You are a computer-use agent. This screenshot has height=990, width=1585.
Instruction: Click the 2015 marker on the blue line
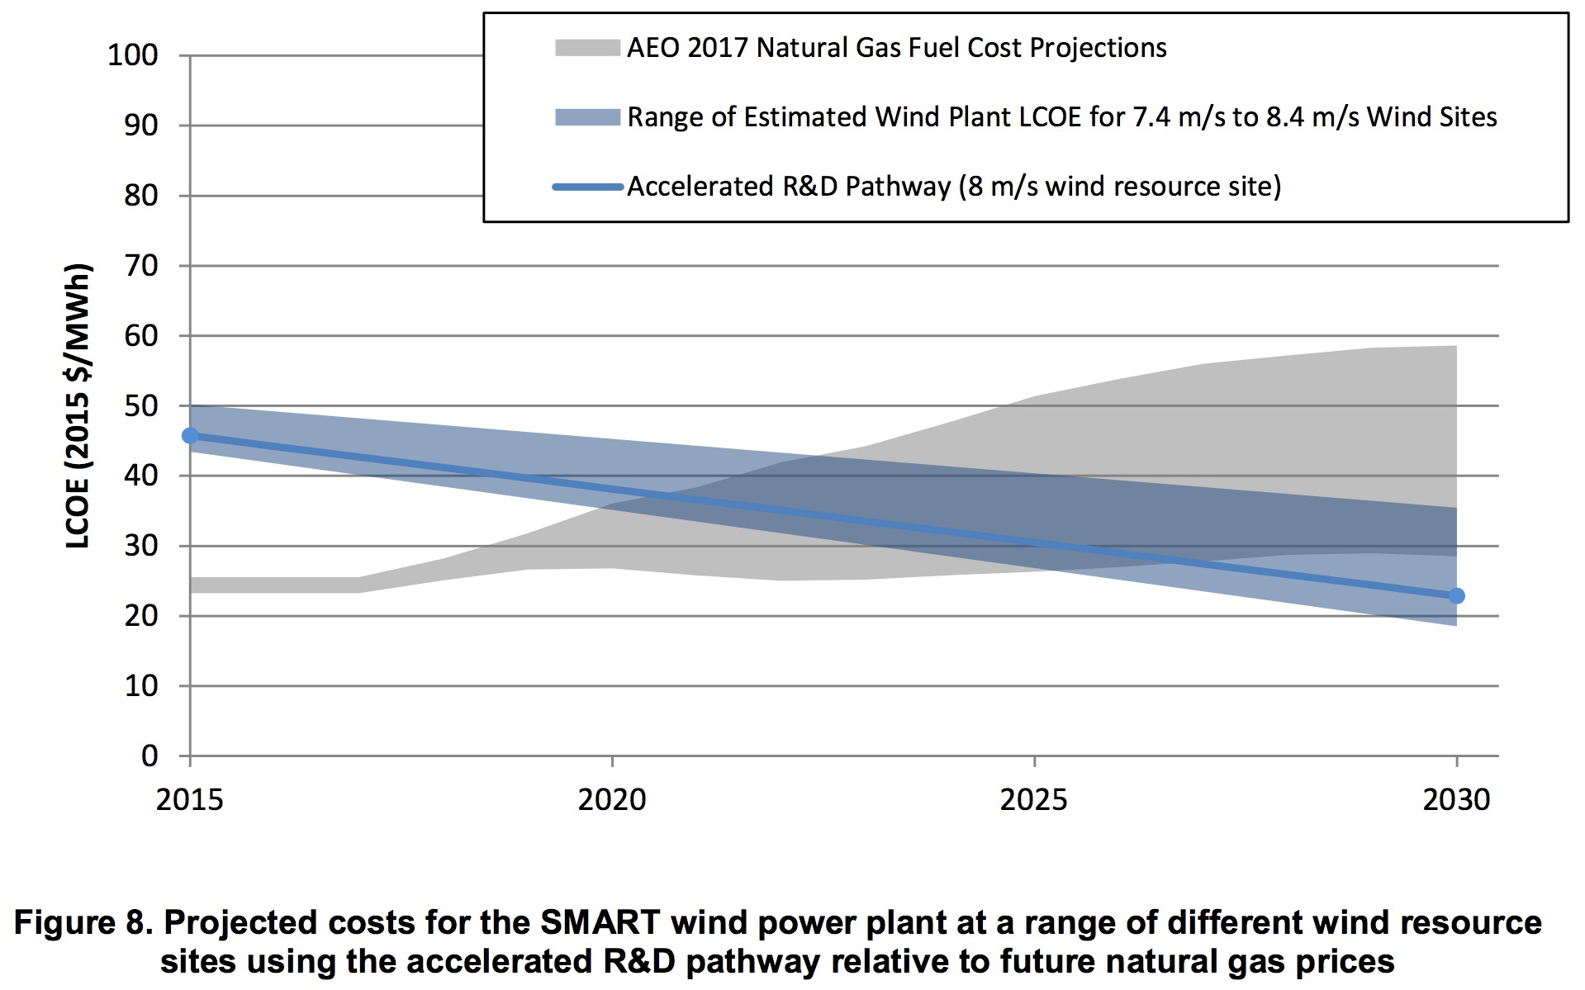point(190,435)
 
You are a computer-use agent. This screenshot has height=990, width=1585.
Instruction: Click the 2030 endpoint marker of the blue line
point(1456,595)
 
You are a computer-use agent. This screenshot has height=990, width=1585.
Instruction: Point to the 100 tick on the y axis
point(133,55)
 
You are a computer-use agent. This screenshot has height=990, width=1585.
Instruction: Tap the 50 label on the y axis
point(141,406)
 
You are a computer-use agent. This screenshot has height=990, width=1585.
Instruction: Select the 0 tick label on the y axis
point(149,756)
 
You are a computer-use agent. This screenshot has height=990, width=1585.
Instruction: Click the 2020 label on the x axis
point(611,799)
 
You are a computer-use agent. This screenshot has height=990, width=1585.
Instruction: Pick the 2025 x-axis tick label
point(1033,799)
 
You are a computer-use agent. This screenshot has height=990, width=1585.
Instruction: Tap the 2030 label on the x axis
point(1455,799)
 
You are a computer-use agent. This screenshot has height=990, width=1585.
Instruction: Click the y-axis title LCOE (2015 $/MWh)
point(78,405)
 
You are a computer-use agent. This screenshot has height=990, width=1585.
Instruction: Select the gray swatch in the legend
point(587,48)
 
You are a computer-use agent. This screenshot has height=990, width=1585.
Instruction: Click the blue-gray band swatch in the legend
point(587,117)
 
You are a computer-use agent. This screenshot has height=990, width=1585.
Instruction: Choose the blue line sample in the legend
point(587,187)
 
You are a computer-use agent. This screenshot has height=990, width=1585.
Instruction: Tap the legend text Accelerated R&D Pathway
point(789,187)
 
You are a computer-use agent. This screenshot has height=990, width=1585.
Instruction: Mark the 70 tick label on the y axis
point(141,266)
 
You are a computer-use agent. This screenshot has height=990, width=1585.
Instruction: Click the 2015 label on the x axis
point(189,799)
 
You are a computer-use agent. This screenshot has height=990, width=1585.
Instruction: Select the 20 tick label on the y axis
point(141,616)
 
